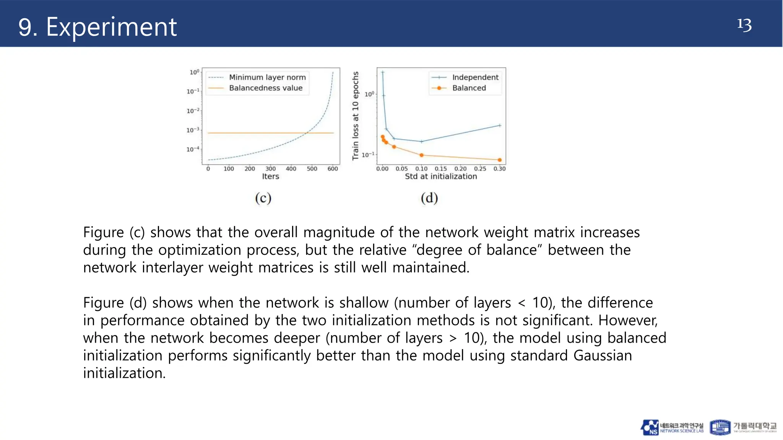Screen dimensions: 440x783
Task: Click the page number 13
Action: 744,25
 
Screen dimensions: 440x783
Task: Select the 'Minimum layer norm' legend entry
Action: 267,77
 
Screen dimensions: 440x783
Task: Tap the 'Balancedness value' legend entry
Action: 266,88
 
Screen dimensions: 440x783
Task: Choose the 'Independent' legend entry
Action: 475,77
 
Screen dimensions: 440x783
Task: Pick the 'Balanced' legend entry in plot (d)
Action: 469,88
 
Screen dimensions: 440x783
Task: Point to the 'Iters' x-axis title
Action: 270,176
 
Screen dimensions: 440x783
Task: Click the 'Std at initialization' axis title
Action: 441,176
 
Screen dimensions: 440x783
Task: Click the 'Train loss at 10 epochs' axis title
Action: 356,116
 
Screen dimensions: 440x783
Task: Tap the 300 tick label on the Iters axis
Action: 270,168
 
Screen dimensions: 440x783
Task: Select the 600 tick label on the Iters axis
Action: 333,168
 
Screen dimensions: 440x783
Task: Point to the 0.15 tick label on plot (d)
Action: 440,168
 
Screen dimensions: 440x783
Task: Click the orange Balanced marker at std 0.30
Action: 500,160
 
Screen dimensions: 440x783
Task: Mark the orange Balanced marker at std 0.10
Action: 421,155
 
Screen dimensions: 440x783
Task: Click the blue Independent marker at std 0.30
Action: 500,125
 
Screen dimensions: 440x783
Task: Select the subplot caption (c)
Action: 263,198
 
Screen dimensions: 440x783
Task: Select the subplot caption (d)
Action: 429,198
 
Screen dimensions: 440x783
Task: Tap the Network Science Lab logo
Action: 672,427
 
